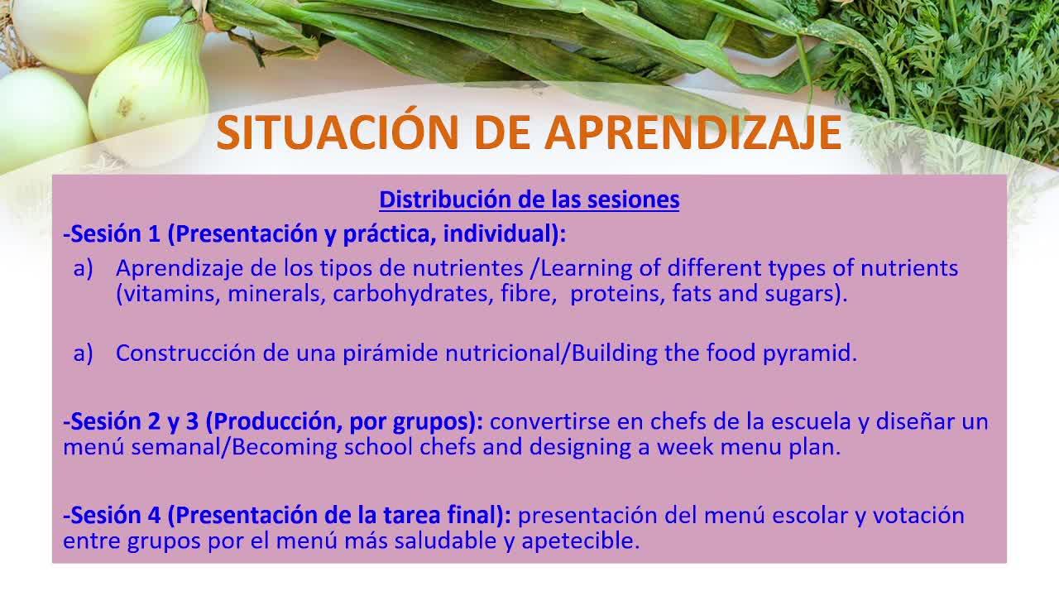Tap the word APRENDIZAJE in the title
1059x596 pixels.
(x=693, y=132)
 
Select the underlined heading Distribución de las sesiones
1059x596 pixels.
(x=529, y=199)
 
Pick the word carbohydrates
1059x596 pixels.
(x=410, y=293)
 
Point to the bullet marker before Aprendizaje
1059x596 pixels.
(x=84, y=269)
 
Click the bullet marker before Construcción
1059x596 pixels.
(x=84, y=353)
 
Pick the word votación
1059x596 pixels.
(x=918, y=515)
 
